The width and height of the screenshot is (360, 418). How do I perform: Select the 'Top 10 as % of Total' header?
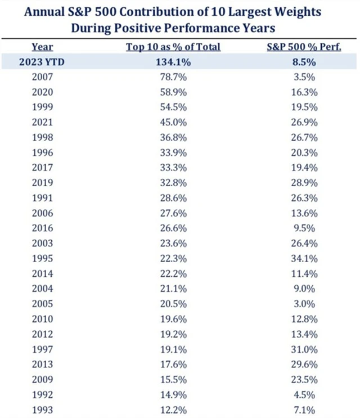173,47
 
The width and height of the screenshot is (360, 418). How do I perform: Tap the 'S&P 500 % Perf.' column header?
304,47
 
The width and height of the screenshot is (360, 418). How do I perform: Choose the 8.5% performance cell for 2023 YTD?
304,62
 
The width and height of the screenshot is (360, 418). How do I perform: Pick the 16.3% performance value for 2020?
304,93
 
